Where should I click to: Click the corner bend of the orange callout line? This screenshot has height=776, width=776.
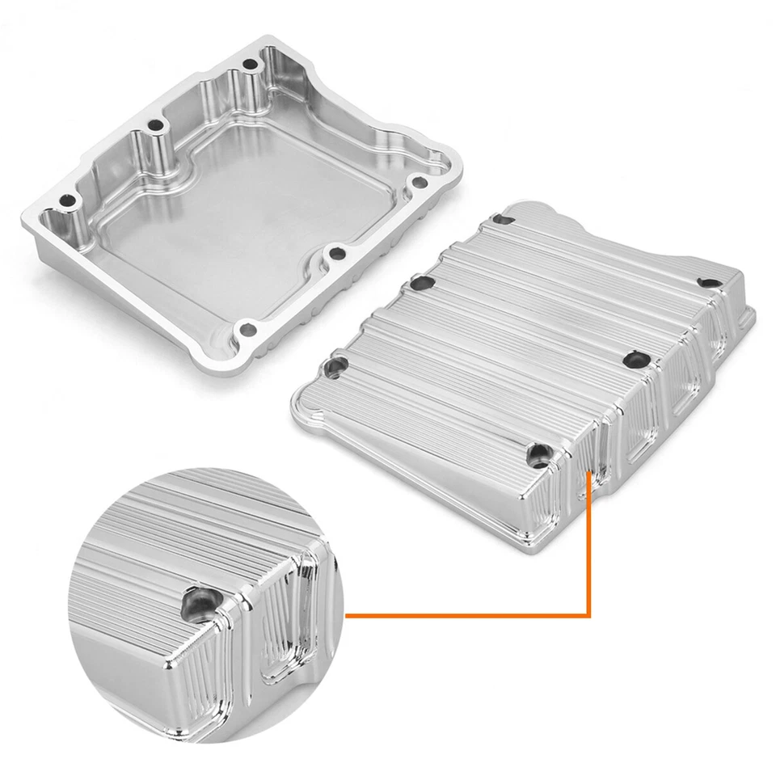pos(589,615)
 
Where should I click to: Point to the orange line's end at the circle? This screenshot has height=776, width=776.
pos(347,615)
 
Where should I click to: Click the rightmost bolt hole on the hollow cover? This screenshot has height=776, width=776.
pos(418,183)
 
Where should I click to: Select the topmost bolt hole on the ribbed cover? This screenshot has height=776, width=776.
pos(502,218)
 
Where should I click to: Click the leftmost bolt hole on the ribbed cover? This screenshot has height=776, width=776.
pos(334,369)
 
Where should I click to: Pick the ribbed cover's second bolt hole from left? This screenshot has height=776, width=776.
pos(420,285)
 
